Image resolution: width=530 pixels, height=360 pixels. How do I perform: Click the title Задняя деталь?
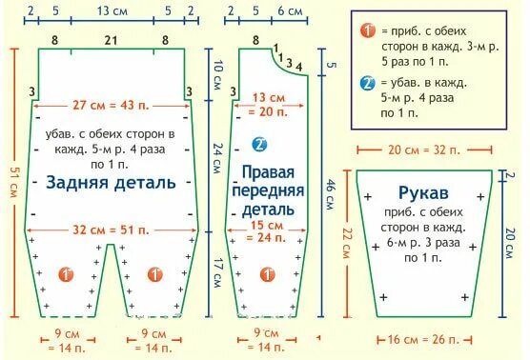coord(112,182)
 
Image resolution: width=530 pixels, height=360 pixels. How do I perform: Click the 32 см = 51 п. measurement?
coord(112,230)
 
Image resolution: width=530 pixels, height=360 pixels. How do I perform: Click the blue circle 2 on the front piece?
coord(256,145)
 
